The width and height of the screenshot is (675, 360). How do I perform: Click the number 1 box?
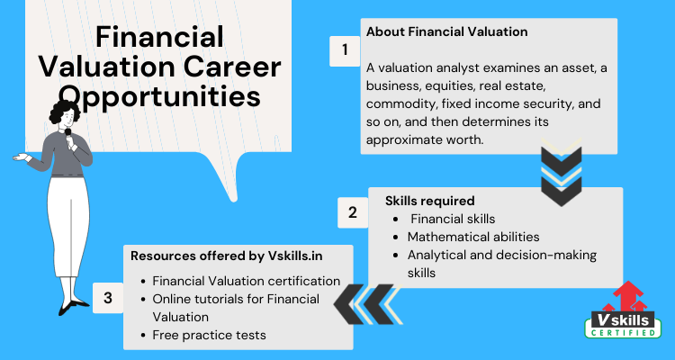click(x=345, y=51)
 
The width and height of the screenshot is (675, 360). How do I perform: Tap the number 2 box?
click(x=353, y=212)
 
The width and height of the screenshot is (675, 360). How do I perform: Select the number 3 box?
click(x=108, y=298)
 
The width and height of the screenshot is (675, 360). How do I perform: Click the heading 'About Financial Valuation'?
click(x=446, y=31)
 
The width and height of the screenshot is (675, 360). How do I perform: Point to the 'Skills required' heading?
click(x=429, y=201)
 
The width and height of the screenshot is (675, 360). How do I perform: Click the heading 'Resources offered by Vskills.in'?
click(x=227, y=256)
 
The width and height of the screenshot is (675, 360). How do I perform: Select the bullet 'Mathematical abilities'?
click(x=473, y=237)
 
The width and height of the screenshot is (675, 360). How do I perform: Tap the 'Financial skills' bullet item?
click(x=453, y=219)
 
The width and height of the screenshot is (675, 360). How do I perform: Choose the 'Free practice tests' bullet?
click(x=209, y=335)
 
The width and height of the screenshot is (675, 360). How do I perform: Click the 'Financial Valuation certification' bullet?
click(x=247, y=281)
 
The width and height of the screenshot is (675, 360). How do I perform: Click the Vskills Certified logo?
click(x=623, y=310)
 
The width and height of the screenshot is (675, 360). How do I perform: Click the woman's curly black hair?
click(x=65, y=111)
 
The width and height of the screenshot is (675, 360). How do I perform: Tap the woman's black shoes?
click(x=72, y=306)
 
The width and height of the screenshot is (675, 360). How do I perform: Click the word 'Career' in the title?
click(x=233, y=67)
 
